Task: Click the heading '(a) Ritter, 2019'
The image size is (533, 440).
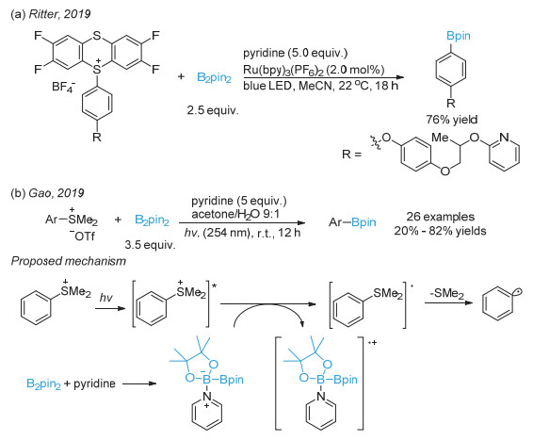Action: click(51, 14)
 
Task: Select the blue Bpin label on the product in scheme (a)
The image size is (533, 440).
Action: click(459, 36)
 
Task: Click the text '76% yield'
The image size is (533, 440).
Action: click(452, 120)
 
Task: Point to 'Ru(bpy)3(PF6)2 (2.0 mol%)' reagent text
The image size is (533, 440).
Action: click(314, 70)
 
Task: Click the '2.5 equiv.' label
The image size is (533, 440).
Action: click(213, 110)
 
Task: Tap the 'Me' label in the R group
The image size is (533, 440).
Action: click(440, 138)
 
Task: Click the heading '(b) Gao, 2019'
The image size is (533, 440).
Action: click(47, 193)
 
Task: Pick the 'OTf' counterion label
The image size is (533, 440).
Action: click(82, 236)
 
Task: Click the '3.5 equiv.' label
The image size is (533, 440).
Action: click(150, 245)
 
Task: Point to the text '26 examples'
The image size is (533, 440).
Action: click(441, 217)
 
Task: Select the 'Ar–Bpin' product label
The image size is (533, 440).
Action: click(352, 222)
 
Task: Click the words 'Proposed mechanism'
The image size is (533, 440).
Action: click(69, 261)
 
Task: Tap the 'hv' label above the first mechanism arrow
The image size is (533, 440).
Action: click(105, 298)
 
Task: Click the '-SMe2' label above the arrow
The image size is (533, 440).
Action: click(446, 293)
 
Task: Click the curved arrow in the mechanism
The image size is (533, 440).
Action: click(267, 305)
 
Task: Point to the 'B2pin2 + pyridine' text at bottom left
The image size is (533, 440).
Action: click(71, 383)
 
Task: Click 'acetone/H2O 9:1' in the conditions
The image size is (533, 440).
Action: click(235, 215)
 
